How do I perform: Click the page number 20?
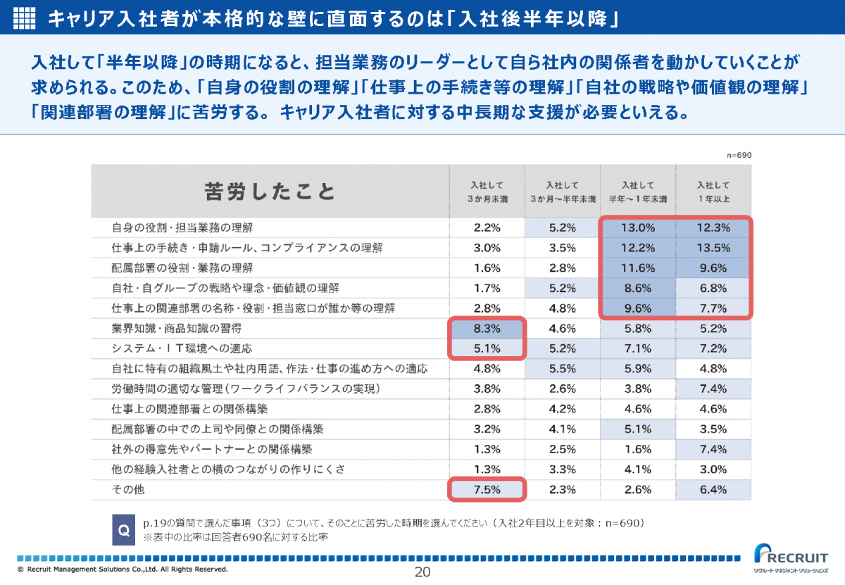coord(423,572)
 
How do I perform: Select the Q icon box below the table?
coord(124,529)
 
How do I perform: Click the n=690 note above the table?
coord(739,155)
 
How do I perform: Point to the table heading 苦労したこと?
coord(270,191)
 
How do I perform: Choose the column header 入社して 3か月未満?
coord(487,191)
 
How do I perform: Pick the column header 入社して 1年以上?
coord(713,191)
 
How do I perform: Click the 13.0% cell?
coord(638,227)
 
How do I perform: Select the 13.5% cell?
coord(713,248)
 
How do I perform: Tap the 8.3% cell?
coord(487,328)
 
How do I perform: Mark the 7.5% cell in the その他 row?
coord(487,489)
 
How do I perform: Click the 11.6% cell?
coord(638,268)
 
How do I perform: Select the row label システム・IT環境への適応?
coord(182,348)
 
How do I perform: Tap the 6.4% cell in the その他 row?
coord(713,489)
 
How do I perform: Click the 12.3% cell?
coord(713,227)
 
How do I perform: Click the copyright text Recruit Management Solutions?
coord(123,569)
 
